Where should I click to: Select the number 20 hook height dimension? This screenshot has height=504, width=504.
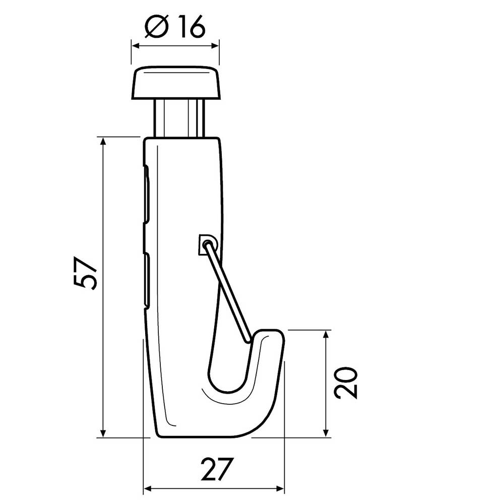[347, 383]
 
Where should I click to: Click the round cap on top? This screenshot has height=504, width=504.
[176, 83]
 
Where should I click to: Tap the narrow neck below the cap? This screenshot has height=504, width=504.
[179, 118]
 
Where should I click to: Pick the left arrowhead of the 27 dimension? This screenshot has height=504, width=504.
[148, 488]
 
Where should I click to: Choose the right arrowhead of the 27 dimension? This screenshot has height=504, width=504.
[280, 488]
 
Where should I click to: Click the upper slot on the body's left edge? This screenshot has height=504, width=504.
[147, 194]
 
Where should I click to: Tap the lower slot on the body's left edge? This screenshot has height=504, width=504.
[147, 280]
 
